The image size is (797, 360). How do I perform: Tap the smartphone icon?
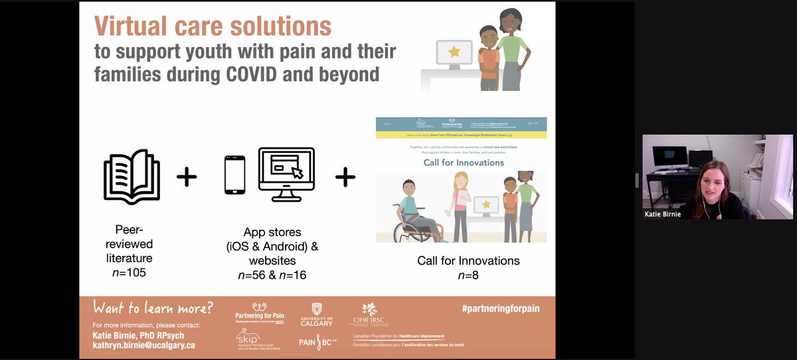pyautogui.click(x=234, y=175)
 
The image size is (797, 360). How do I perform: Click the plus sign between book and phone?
pyautogui.click(x=187, y=177)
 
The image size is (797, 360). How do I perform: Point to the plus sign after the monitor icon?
pyautogui.click(x=345, y=177)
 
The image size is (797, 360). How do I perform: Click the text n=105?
pyautogui.click(x=130, y=272)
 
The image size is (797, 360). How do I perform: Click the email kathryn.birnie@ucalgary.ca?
pyautogui.click(x=143, y=344)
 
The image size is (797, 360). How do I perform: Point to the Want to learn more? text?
pyautogui.click(x=153, y=308)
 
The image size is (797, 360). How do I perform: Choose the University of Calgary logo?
pyautogui.click(x=316, y=314)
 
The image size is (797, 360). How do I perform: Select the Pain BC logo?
pyautogui.click(x=316, y=343)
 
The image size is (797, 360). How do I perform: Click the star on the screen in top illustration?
pyautogui.click(x=455, y=52)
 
